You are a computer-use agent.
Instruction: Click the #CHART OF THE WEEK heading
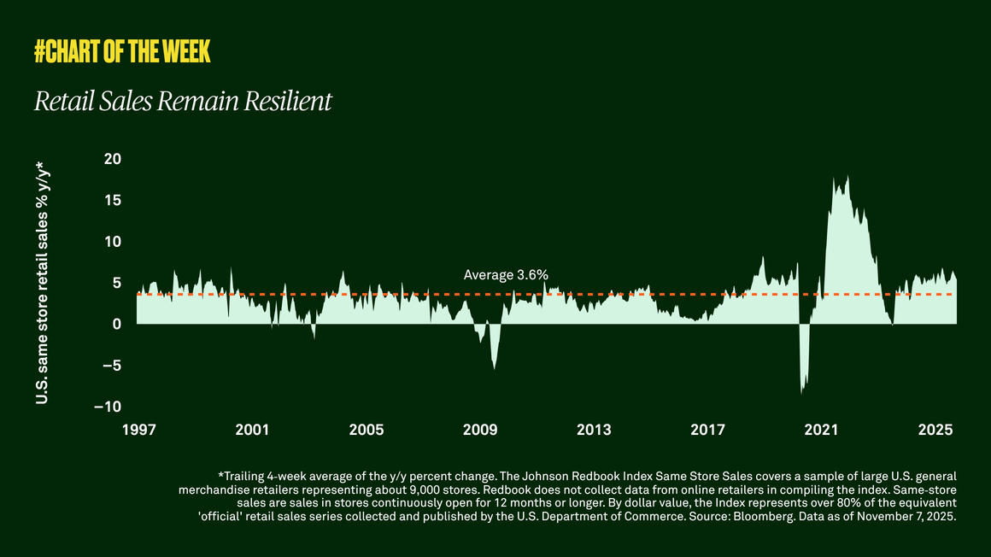tap(122, 52)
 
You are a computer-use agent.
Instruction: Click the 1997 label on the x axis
tap(138, 429)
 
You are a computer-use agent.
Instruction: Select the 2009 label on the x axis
tap(480, 429)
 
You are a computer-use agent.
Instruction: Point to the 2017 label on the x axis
tap(707, 429)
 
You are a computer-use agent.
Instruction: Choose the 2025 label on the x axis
tap(935, 429)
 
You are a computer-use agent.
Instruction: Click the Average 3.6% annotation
tap(506, 275)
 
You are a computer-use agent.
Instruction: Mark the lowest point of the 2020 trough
tap(801, 393)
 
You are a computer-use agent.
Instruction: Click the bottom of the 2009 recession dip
tap(494, 369)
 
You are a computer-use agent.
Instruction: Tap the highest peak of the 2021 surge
tap(847, 177)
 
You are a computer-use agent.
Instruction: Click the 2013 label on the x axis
tap(594, 429)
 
